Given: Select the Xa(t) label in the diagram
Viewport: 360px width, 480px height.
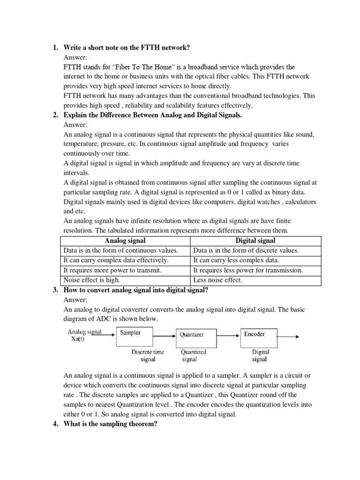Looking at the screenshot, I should (x=80, y=340).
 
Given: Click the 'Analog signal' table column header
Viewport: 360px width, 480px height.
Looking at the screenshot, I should (x=125, y=240).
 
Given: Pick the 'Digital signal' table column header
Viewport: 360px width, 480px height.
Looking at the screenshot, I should (x=255, y=240).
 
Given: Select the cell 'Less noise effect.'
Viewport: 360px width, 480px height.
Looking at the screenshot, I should (x=218, y=280).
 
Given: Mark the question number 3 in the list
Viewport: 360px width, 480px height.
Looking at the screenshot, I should (x=55, y=290).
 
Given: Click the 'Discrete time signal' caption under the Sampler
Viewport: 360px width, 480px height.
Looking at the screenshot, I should (x=148, y=356).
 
